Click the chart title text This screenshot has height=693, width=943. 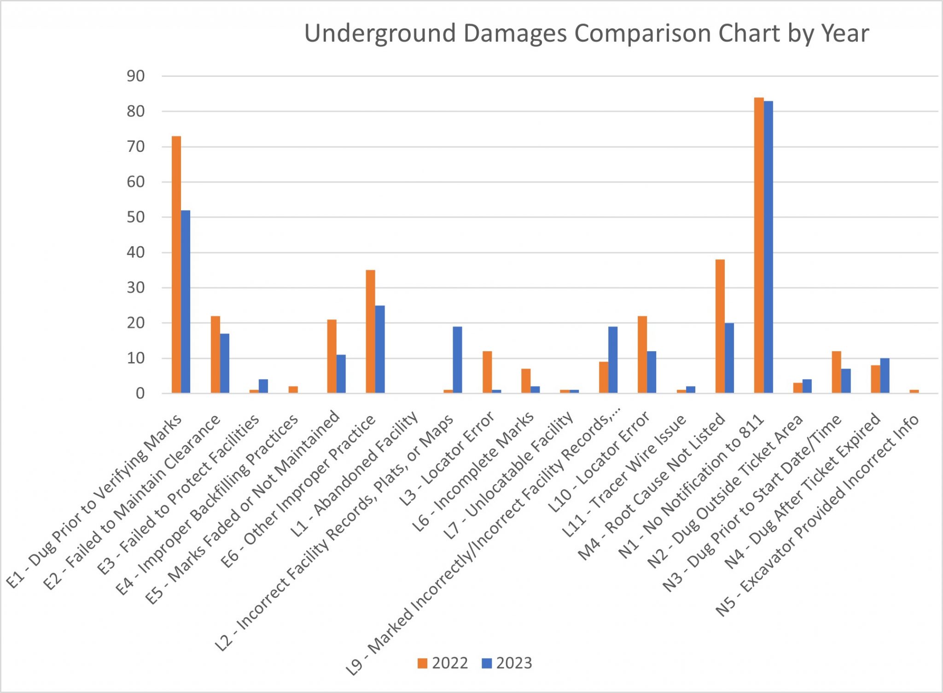pos(586,33)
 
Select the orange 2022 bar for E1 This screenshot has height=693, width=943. pos(176,265)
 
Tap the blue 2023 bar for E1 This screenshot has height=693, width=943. pos(186,301)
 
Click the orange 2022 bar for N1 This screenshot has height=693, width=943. pos(759,245)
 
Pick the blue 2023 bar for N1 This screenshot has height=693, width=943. pos(768,247)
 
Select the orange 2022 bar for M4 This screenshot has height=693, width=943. pos(720,326)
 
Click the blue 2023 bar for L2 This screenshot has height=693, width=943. pos(457,360)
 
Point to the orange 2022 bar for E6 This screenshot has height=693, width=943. pos(371,331)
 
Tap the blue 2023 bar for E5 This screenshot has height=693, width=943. pos(341,374)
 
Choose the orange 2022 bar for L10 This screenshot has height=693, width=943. pos(642,354)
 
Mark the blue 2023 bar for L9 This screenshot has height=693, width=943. pos(613,360)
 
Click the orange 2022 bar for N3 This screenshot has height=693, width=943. pos(837,372)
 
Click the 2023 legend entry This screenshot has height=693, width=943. pos(507,663)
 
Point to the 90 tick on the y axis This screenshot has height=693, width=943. pos(136,76)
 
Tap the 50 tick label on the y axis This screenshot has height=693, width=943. pos(136,217)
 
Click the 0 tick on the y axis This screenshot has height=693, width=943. pos(140,393)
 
